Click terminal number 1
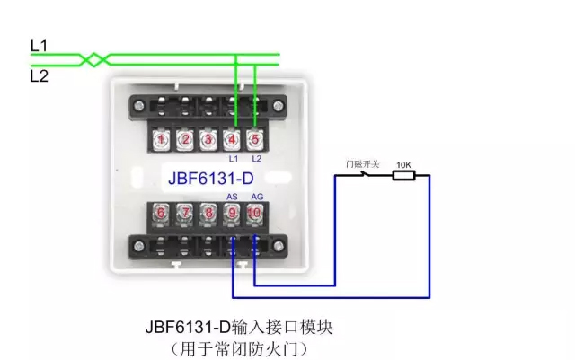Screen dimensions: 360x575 [162, 139]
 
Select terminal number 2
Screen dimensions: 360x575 [185, 139]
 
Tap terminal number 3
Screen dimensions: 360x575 [208, 139]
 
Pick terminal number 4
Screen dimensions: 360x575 [231, 139]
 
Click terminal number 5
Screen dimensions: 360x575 [254, 139]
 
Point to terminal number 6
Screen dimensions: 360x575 [162, 213]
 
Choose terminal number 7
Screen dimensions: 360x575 [185, 213]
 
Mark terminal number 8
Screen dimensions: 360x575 [208, 213]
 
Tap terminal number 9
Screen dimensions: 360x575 [232, 213]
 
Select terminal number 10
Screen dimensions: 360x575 [254, 213]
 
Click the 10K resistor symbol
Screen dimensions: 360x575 [402, 176]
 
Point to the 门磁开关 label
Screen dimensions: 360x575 [363, 164]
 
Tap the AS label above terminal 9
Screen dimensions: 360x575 [232, 197]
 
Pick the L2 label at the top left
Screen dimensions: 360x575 [39, 76]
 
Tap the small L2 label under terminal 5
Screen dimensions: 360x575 [255, 158]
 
